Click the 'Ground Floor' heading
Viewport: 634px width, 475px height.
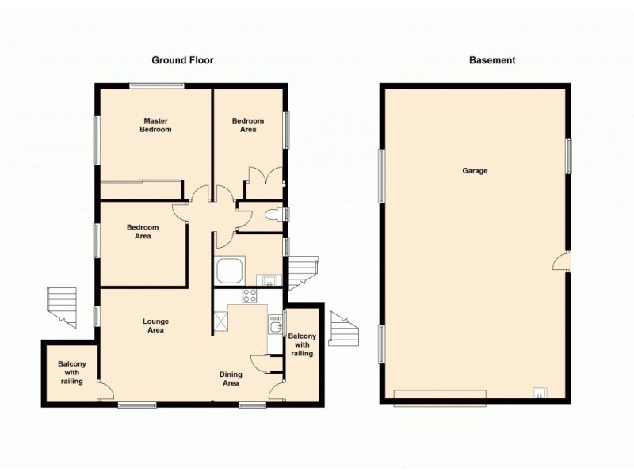point(182,60)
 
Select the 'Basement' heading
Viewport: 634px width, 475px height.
point(492,60)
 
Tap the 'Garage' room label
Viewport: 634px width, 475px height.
point(475,171)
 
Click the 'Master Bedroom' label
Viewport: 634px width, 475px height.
point(155,124)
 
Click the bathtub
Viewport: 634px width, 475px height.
point(230,271)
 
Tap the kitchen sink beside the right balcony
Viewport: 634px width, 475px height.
point(275,325)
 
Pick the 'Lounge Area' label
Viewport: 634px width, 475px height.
point(155,325)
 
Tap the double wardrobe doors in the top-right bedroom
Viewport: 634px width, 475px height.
point(262,180)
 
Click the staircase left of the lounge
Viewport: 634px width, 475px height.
point(61,306)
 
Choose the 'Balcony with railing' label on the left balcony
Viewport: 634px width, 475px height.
point(71,373)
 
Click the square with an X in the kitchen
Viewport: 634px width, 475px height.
point(220,320)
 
